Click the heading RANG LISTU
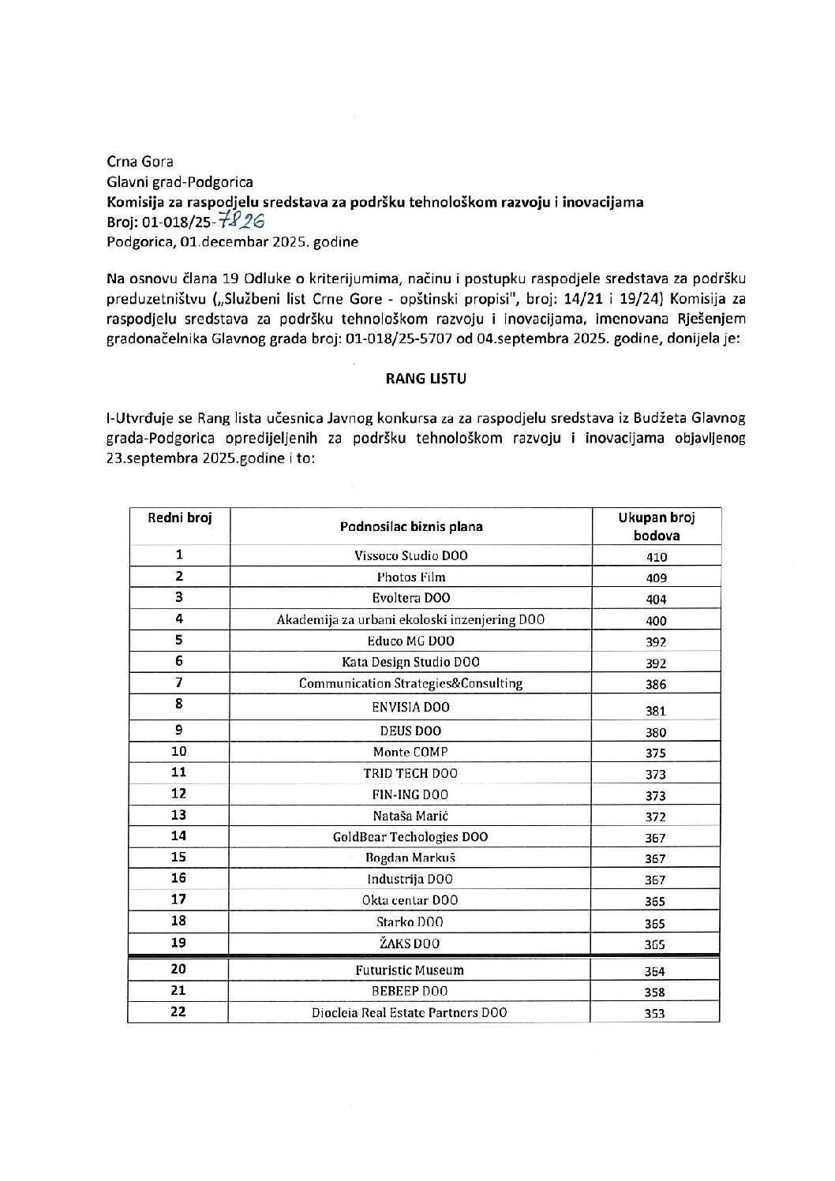pyautogui.click(x=425, y=379)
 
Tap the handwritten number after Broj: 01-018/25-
pyautogui.click(x=242, y=222)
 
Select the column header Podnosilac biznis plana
pyautogui.click(x=411, y=526)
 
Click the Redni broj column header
pyautogui.click(x=179, y=518)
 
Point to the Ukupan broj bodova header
pyautogui.click(x=656, y=526)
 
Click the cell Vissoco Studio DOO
pyautogui.click(x=410, y=555)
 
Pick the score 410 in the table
pyautogui.click(x=656, y=557)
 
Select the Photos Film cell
pyautogui.click(x=410, y=577)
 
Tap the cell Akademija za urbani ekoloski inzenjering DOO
pyautogui.click(x=410, y=619)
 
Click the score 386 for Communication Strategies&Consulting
pyautogui.click(x=656, y=685)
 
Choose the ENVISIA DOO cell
pyautogui.click(x=410, y=707)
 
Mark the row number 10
pyautogui.click(x=179, y=752)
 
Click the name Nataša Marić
pyautogui.click(x=410, y=816)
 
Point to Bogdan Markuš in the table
pyautogui.click(x=410, y=858)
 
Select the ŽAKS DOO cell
pyautogui.click(x=410, y=943)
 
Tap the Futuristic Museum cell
pyautogui.click(x=410, y=970)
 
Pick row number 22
pyautogui.click(x=179, y=1012)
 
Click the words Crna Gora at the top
pyautogui.click(x=140, y=162)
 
